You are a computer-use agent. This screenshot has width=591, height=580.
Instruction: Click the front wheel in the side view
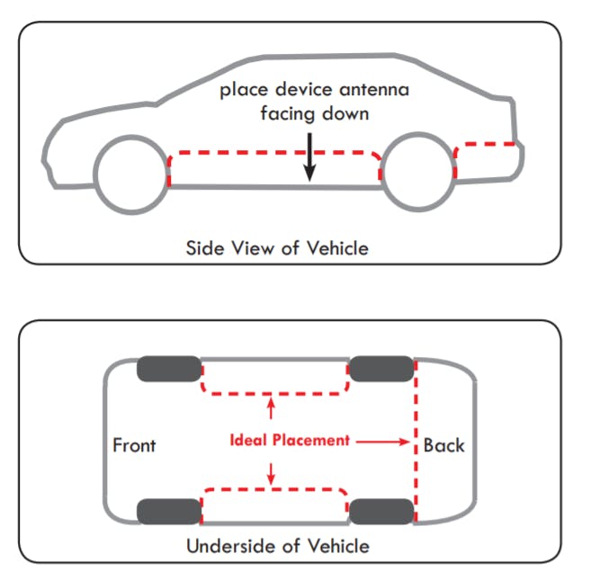click(x=131, y=136)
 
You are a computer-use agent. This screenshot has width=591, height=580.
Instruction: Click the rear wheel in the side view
click(x=418, y=133)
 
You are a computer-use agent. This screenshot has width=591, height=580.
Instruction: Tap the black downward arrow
click(x=309, y=157)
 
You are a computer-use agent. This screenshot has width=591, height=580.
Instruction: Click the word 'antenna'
click(x=374, y=90)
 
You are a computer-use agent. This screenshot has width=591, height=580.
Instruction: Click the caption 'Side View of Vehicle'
click(x=277, y=248)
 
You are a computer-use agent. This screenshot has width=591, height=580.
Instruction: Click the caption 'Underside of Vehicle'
click(x=278, y=546)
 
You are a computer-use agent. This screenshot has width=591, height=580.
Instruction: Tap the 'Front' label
click(x=134, y=445)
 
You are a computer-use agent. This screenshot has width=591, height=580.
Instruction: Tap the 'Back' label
click(x=443, y=445)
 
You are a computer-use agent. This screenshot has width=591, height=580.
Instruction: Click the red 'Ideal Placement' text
click(x=290, y=441)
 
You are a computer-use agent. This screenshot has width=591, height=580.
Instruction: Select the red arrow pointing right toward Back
click(x=382, y=442)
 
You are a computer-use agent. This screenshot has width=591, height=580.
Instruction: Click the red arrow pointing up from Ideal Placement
click(x=271, y=408)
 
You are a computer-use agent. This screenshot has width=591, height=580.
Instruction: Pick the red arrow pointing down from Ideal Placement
click(x=271, y=474)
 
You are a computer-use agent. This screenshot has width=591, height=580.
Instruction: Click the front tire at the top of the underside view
click(x=169, y=369)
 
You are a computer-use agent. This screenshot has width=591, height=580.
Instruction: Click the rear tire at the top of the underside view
click(x=381, y=369)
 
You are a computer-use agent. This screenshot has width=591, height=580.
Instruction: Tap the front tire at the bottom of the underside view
click(x=169, y=512)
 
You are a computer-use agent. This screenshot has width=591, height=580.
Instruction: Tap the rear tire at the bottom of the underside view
click(x=381, y=512)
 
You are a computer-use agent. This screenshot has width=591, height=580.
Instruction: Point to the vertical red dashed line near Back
click(x=416, y=441)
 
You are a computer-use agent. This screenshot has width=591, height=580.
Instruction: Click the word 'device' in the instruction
click(x=304, y=89)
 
